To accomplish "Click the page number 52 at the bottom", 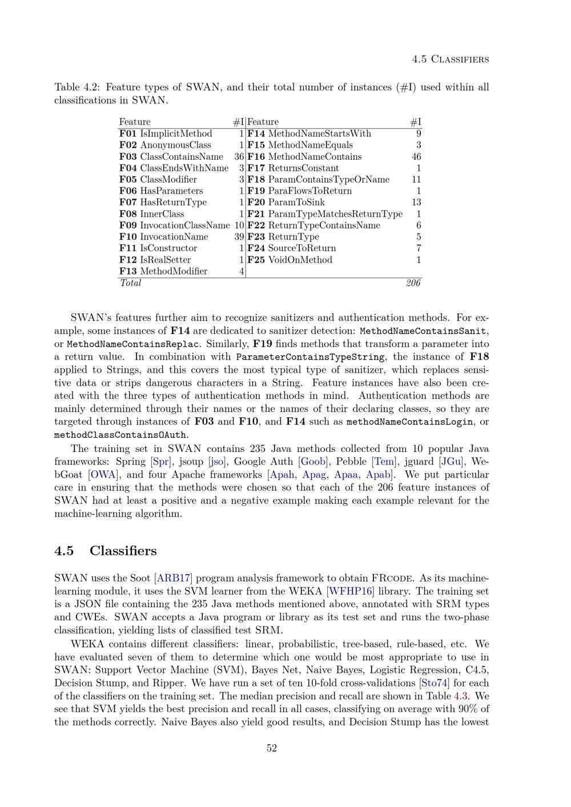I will (272, 748).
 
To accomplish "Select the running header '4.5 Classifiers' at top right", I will (450, 59).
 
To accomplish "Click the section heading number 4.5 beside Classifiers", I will (64, 551).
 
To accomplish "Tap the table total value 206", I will (413, 283).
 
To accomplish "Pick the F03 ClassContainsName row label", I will (171, 156).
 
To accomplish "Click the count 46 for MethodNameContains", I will (416, 156).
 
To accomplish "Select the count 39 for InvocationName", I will (239, 237).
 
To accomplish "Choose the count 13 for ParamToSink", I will (416, 202).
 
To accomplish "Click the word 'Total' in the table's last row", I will (130, 283).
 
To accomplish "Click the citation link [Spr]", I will (162, 462).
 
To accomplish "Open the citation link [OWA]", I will (103, 475).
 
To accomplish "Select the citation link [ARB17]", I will (174, 578).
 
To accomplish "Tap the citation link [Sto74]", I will (434, 683).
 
